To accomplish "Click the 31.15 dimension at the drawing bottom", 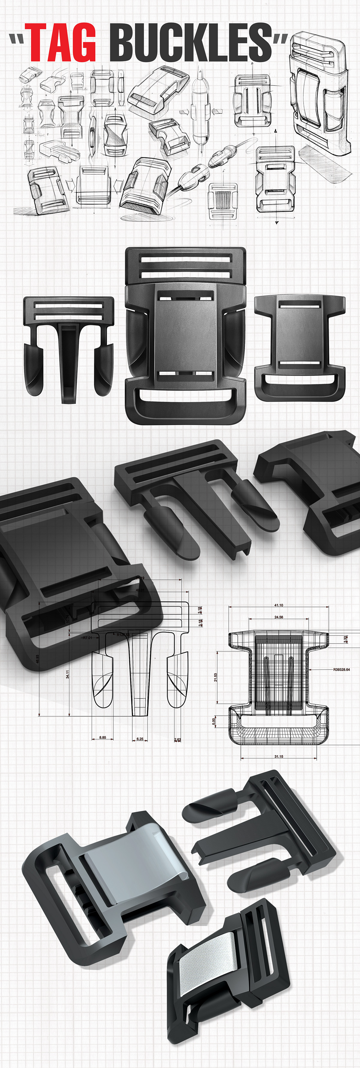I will tap(279, 757).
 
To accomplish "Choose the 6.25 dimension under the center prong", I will tap(140, 739).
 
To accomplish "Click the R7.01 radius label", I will tap(87, 638).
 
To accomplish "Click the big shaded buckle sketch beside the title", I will tap(317, 95).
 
